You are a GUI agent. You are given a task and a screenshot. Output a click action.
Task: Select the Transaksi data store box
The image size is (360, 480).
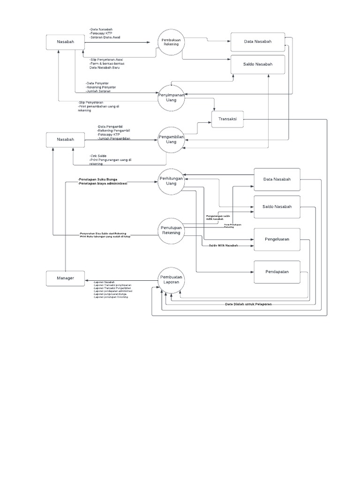[228, 119]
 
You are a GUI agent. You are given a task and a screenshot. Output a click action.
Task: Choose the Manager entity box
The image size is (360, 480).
[66, 278]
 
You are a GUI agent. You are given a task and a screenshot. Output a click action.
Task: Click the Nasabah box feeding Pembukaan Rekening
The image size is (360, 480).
[66, 41]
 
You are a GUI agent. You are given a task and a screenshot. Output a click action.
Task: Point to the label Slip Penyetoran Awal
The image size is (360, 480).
[107, 60]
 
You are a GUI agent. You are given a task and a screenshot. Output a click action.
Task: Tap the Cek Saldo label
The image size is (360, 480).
[98, 156]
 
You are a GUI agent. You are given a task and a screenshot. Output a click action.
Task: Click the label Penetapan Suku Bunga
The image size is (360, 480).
[98, 179]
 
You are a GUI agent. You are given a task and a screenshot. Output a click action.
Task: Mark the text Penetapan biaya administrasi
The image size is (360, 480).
[103, 183]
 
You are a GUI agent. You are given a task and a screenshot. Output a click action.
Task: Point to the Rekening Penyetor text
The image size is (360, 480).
[101, 87]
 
